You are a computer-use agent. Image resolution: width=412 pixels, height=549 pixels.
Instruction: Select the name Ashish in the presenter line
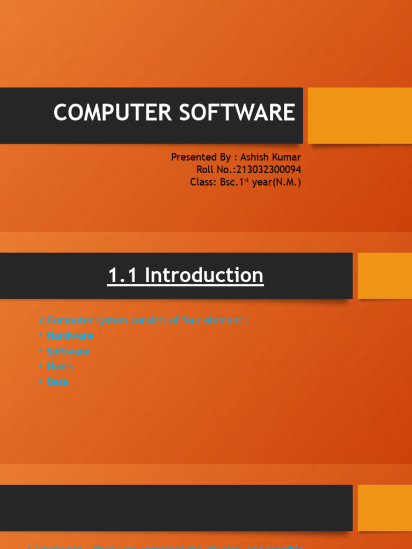click(x=257, y=157)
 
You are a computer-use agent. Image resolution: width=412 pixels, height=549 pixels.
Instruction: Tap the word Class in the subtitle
click(x=202, y=182)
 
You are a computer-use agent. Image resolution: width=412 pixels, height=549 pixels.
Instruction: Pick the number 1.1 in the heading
click(x=123, y=275)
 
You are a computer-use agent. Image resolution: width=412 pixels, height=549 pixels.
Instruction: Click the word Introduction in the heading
click(x=204, y=275)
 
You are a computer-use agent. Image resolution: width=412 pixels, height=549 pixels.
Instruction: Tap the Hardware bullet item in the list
click(x=70, y=336)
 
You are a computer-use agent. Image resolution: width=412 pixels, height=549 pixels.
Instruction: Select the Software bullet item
click(x=68, y=351)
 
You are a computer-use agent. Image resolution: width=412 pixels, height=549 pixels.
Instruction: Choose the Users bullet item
click(x=60, y=367)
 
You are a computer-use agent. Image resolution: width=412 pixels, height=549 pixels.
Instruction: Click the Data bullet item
click(x=57, y=382)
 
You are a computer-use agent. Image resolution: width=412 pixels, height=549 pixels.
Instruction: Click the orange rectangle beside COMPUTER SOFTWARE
click(x=359, y=115)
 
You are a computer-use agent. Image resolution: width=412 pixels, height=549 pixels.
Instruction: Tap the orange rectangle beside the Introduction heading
click(x=384, y=276)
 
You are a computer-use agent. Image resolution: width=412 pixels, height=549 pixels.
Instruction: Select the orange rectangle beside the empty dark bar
click(x=384, y=508)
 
